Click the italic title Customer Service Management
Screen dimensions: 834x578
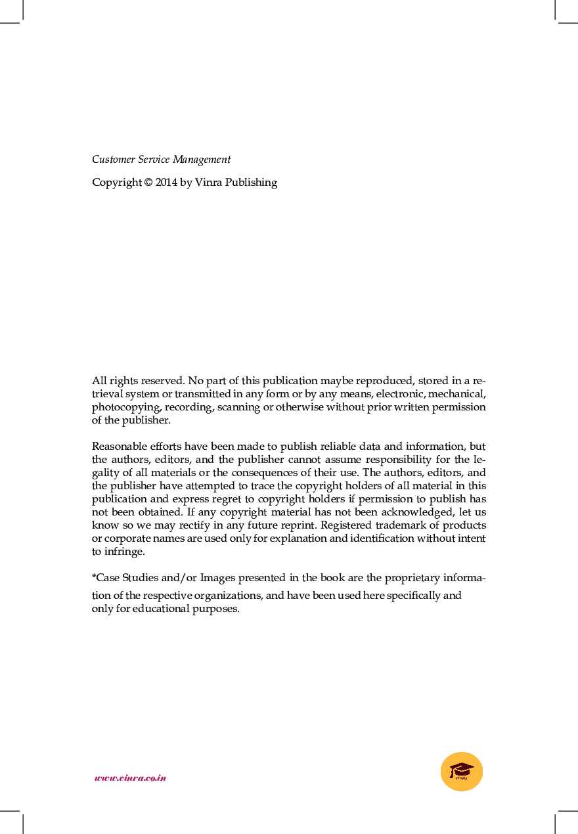[x=161, y=160]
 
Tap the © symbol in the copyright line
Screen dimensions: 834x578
[x=148, y=183]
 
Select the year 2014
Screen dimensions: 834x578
[x=166, y=183]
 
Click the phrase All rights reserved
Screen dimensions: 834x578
[x=139, y=381]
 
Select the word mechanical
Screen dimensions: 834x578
[x=456, y=394]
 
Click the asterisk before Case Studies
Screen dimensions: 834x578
[x=94, y=577]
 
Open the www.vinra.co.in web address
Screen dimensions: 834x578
[x=130, y=778]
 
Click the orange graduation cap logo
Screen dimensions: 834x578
[x=462, y=772]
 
